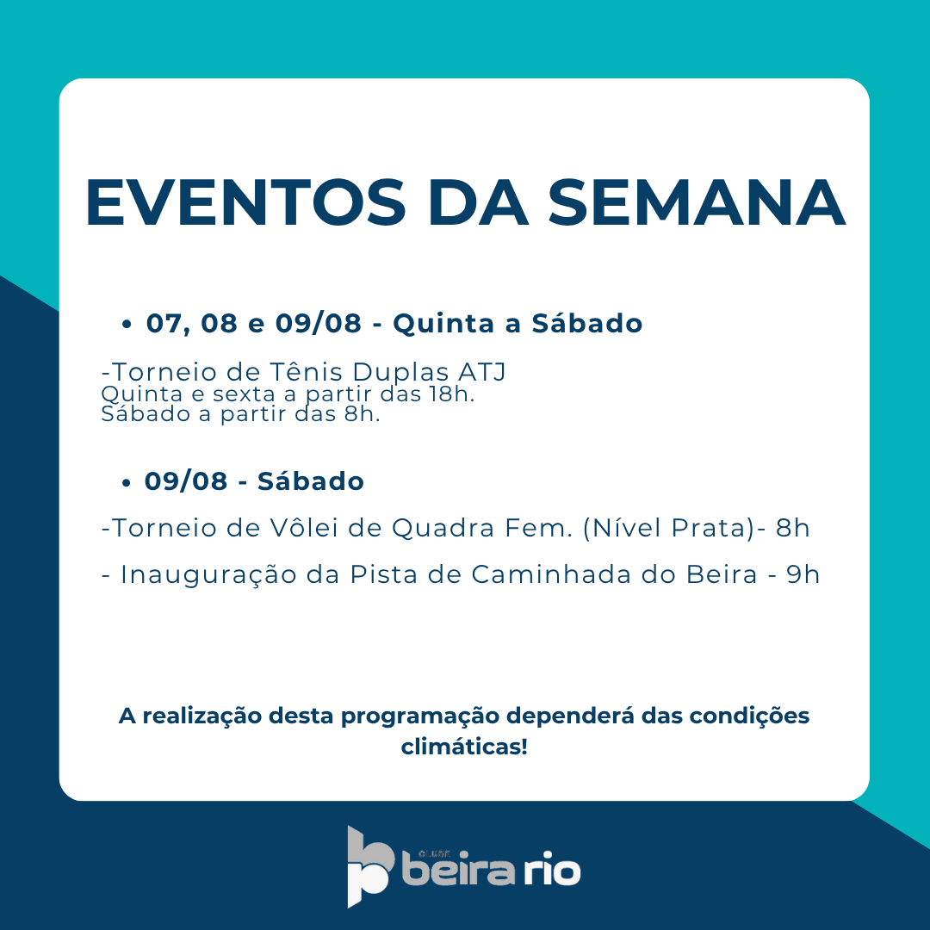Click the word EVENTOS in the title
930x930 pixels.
(245, 202)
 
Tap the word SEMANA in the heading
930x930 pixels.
(697, 202)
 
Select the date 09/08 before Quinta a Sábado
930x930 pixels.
(319, 324)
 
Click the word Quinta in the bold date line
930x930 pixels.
(443, 324)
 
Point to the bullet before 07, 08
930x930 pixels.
(126, 325)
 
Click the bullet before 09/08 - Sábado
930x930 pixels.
(126, 483)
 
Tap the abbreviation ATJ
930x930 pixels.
(481, 373)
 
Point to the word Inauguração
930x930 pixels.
(208, 574)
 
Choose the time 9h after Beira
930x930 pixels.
(803, 574)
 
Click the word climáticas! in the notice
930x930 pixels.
(464, 747)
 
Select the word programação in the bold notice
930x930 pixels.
(420, 716)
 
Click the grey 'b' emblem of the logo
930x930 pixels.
(369, 866)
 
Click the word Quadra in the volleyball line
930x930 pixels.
(443, 529)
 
